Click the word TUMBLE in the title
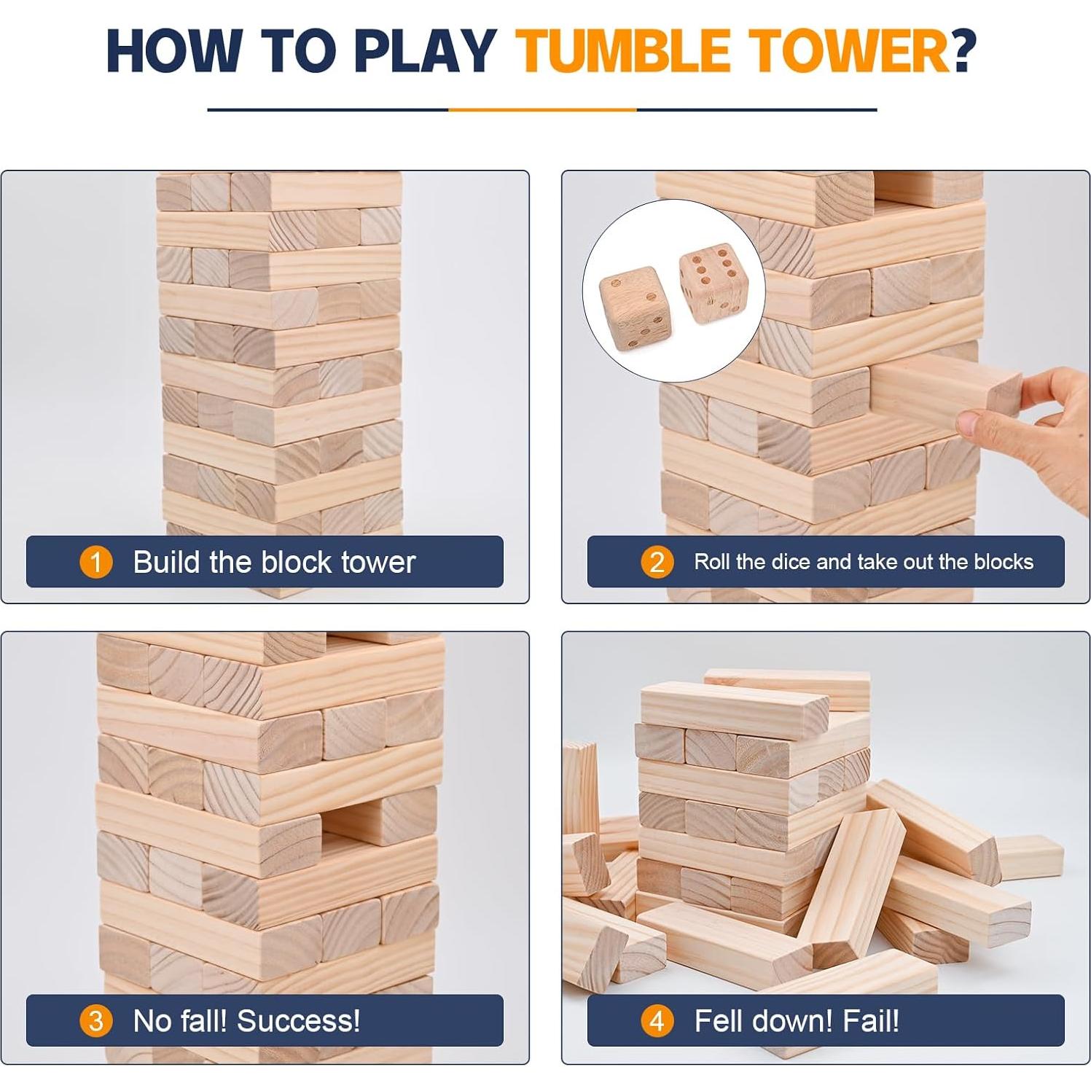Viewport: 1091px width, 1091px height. pyautogui.click(x=623, y=51)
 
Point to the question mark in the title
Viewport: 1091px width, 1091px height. pyautogui.click(x=963, y=51)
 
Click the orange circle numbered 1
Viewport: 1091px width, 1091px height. pyautogui.click(x=95, y=563)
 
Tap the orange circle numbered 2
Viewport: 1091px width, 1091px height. pyautogui.click(x=657, y=563)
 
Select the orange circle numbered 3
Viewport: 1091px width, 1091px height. pyautogui.click(x=95, y=1021)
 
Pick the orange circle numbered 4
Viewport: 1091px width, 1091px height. pyautogui.click(x=657, y=1021)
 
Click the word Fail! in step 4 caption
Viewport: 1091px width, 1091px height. pyautogui.click(x=871, y=1021)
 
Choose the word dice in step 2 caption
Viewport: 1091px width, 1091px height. pyautogui.click(x=791, y=562)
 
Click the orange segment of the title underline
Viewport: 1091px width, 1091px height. pyautogui.click(x=542, y=110)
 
